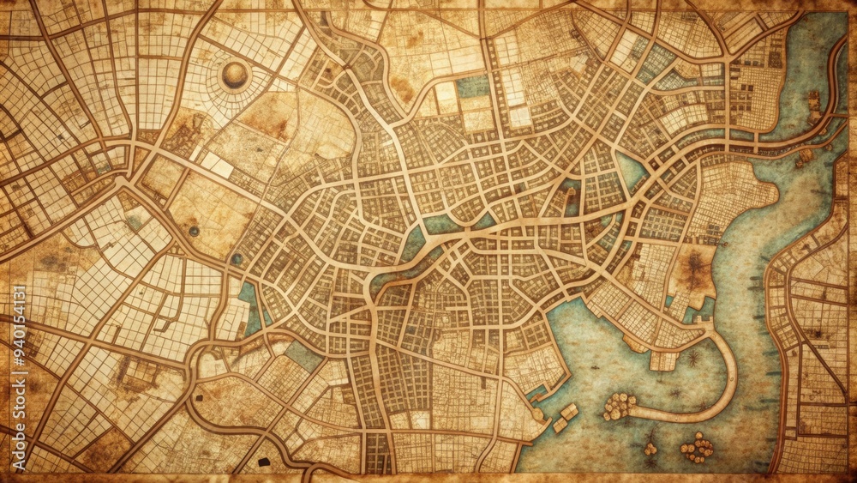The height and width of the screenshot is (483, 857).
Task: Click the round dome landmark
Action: click(x=234, y=75)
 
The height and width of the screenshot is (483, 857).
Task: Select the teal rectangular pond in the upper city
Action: click(x=473, y=85)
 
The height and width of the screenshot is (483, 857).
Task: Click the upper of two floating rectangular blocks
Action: click(x=570, y=412)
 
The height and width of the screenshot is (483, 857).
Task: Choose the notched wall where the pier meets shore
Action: click(x=663, y=360)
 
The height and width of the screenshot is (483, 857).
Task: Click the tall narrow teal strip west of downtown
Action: click(x=249, y=309)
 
